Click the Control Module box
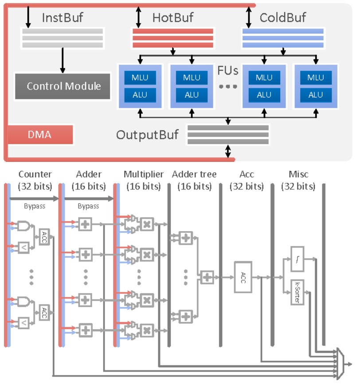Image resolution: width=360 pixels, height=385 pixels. click(x=63, y=86)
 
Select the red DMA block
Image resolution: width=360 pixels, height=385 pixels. click(x=40, y=134)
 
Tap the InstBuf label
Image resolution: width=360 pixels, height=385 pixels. click(x=63, y=18)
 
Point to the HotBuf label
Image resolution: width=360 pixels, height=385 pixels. click(x=173, y=18)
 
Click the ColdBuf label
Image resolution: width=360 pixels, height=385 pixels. click(x=283, y=18)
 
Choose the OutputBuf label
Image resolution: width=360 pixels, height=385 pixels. click(x=147, y=135)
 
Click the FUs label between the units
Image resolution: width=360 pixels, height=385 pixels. click(x=228, y=71)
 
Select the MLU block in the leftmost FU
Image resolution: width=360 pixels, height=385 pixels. click(x=140, y=78)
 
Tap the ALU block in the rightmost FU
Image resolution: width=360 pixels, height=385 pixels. click(x=316, y=95)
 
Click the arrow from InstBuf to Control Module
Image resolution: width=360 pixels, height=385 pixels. click(x=63, y=60)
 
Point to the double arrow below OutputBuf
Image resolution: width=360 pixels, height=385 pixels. click(x=228, y=151)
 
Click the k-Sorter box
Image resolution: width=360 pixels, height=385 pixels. click(x=297, y=292)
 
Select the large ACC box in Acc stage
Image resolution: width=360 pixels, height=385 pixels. click(x=243, y=277)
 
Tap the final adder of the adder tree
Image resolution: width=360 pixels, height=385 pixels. click(x=207, y=277)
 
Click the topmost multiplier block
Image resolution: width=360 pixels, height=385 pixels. click(x=147, y=224)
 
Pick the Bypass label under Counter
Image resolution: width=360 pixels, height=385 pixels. click(x=35, y=206)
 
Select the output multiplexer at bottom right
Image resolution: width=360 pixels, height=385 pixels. click(x=340, y=364)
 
